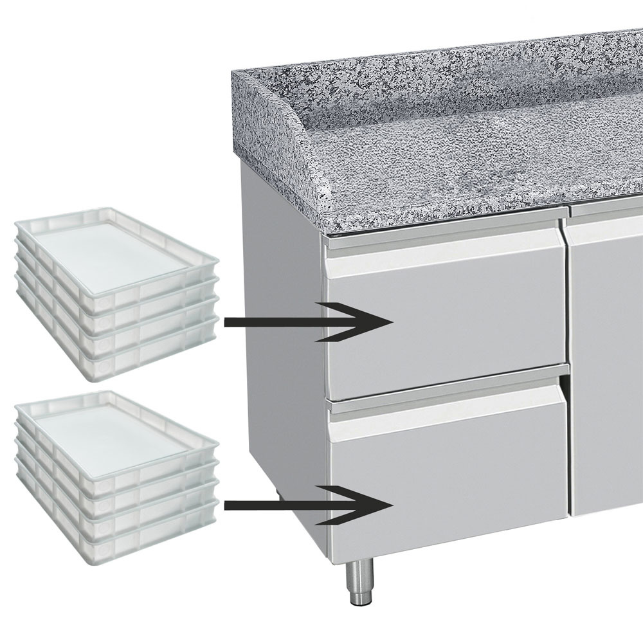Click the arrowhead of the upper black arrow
tap(379, 321)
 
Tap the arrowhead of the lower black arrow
tap(379, 505)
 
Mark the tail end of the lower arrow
tap(228, 505)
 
